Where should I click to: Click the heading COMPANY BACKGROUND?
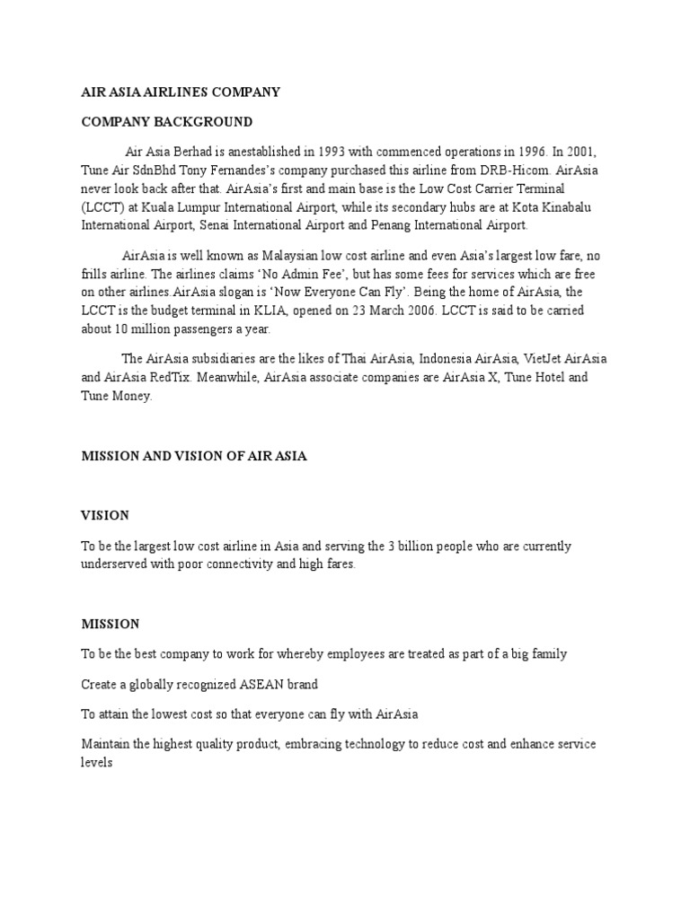coord(167,122)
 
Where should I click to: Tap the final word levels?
coord(96,763)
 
